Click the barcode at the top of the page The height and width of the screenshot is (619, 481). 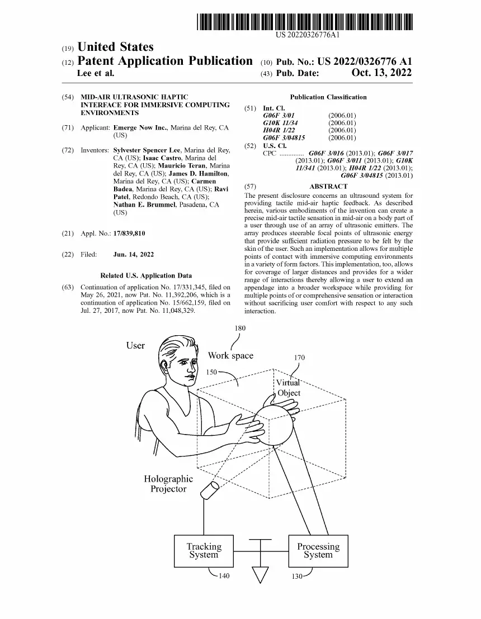[x=305, y=22]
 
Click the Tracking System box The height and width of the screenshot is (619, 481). [x=204, y=551]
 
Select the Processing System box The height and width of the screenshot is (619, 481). [x=318, y=551]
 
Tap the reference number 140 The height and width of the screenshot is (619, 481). [x=224, y=575]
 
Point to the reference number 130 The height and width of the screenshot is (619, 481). [x=297, y=577]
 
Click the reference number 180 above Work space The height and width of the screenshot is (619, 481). [x=240, y=328]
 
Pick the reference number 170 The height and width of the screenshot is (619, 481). [x=299, y=358]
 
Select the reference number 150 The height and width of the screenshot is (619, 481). [x=212, y=372]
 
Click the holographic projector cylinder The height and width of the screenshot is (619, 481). [x=210, y=489]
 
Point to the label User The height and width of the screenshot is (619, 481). [x=135, y=345]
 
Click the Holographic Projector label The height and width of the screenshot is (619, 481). [x=168, y=484]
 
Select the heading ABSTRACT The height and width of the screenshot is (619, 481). [x=328, y=187]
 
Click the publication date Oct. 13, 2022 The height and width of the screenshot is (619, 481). [x=381, y=73]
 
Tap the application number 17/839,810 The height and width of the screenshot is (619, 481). [x=129, y=234]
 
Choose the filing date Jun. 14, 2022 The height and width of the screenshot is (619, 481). [x=134, y=254]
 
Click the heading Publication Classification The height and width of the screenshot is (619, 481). [x=328, y=97]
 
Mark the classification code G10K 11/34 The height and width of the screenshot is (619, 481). [x=281, y=123]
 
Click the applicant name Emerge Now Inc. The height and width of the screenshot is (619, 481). [x=141, y=127]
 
